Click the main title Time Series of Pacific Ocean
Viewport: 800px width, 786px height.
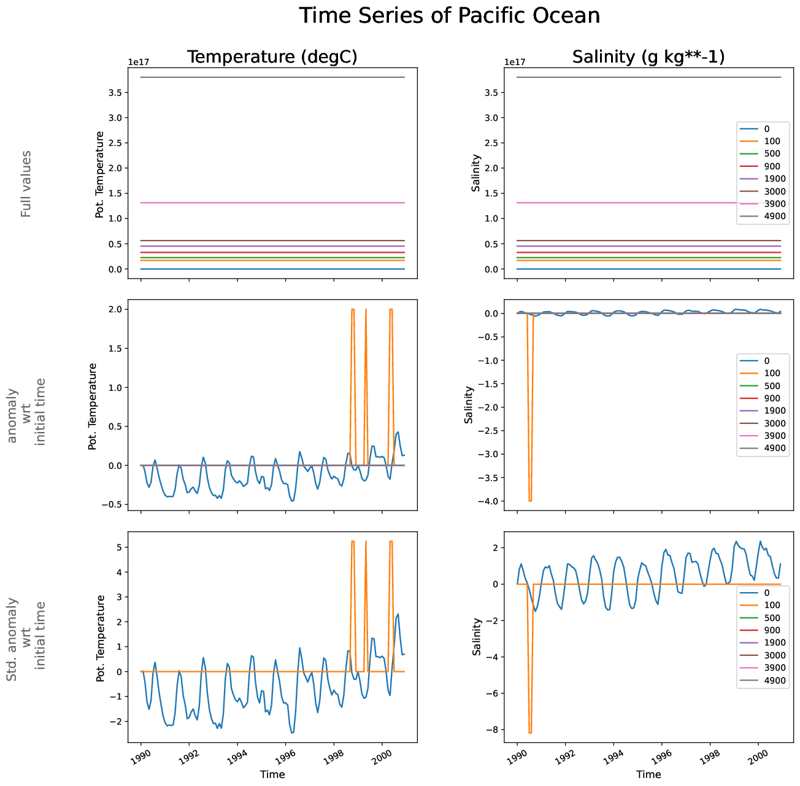coord(450,16)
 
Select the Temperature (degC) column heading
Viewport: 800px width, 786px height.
coord(272,57)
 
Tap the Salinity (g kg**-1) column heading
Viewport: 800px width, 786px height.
coord(648,57)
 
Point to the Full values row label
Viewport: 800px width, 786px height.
coord(26,183)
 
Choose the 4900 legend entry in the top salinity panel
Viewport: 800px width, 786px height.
coord(775,216)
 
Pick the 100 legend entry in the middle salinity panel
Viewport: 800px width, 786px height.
coord(772,373)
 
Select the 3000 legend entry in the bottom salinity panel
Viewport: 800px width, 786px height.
coord(775,655)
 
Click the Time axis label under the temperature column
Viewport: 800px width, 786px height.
coord(272,774)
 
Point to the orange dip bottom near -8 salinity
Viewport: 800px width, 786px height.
coord(530,732)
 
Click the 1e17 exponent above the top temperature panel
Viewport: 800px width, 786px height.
coord(139,62)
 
